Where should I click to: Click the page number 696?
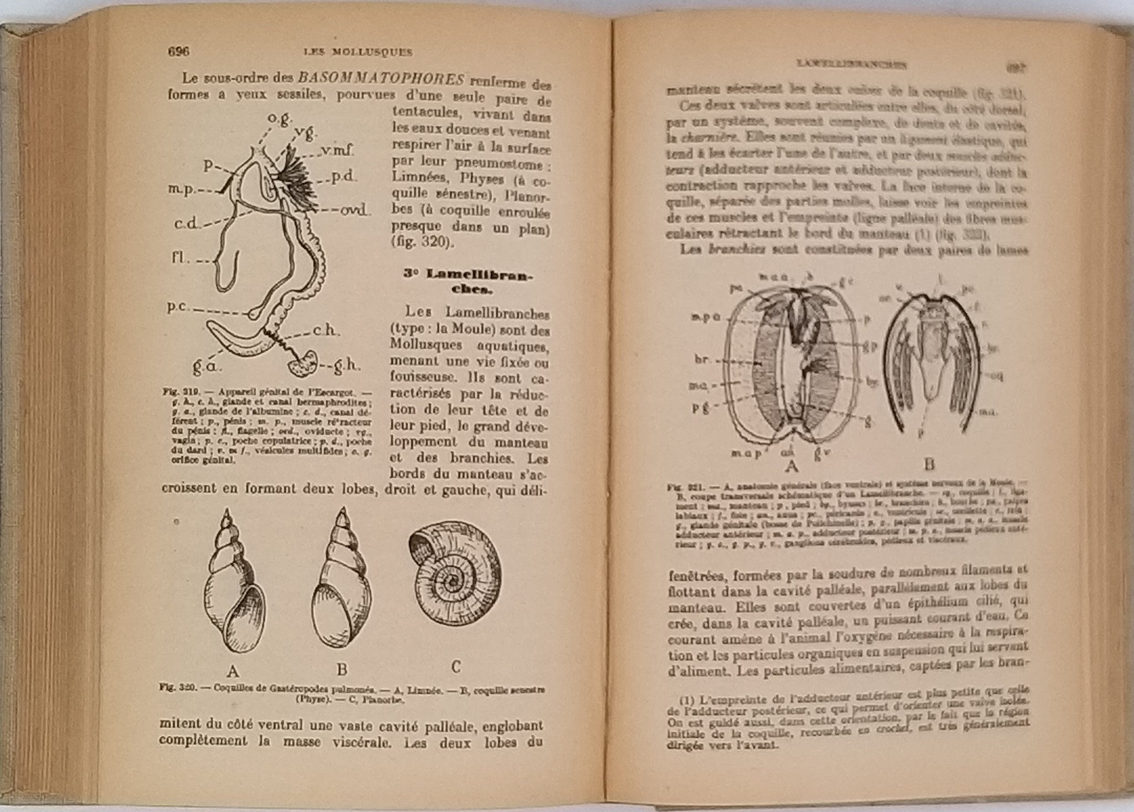coord(178,52)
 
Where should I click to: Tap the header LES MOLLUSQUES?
coord(358,53)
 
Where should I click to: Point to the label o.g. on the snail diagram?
coord(281,118)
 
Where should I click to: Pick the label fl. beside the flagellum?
coord(178,258)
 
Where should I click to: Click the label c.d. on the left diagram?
coord(187,224)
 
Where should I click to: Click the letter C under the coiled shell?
coord(456,667)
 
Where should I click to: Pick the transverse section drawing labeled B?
coord(930,360)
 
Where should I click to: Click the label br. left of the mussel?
coord(702,359)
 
